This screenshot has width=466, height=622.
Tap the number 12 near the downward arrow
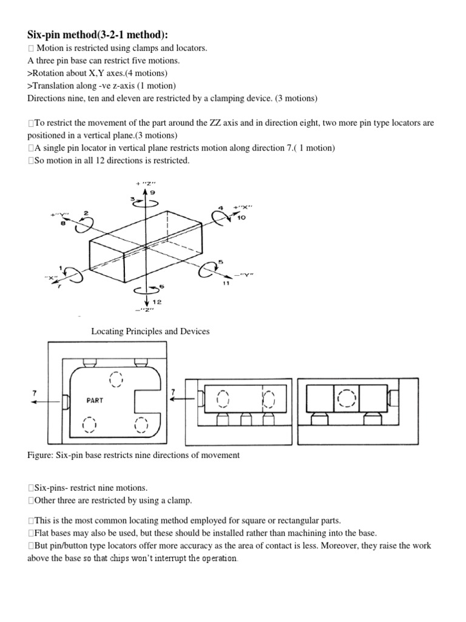coord(149,301)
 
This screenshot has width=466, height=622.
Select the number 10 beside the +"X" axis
coord(241,217)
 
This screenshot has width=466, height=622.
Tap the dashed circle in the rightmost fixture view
coord(346,398)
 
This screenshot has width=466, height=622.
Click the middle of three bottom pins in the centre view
coord(246,419)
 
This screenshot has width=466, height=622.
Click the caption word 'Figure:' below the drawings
coord(41,456)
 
